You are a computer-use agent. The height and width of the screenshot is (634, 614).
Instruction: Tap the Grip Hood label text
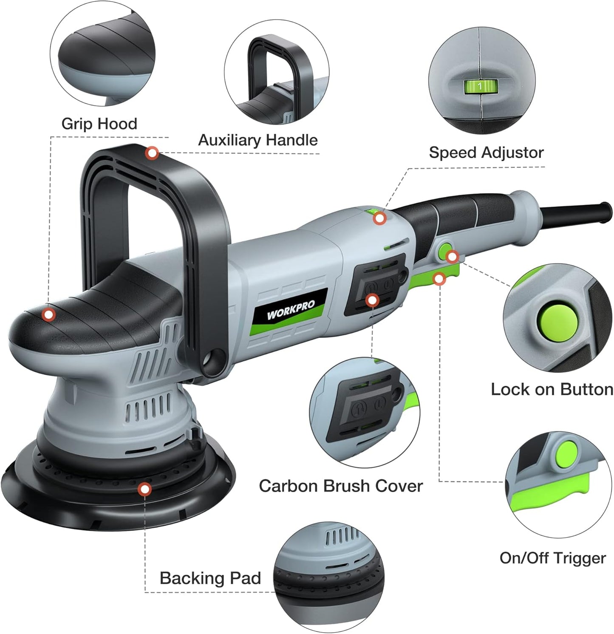point(99,124)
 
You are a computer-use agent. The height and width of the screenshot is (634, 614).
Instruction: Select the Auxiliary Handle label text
point(258,140)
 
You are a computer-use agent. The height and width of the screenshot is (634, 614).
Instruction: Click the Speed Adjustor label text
point(486,152)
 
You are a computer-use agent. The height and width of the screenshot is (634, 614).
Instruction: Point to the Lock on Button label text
point(552,389)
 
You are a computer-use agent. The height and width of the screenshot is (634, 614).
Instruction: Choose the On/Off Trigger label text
point(552,558)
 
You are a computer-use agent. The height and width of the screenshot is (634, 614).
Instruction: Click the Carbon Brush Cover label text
point(341,486)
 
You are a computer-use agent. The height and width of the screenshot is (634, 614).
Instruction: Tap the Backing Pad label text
point(210,578)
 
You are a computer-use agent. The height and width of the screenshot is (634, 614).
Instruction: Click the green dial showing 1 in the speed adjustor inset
point(480,86)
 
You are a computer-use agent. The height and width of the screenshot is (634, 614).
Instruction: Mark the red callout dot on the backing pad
point(145,490)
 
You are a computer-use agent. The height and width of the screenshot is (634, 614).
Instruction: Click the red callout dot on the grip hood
point(49,315)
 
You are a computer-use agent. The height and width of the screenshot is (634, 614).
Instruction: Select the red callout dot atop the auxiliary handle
point(152,153)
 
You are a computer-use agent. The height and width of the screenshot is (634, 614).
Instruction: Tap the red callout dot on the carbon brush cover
point(372,300)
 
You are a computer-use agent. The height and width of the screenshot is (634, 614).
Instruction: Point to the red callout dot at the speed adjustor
point(380,218)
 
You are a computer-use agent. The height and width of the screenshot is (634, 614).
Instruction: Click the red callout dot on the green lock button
point(452,257)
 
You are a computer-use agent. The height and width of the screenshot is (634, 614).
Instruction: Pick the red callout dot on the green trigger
point(439,279)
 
